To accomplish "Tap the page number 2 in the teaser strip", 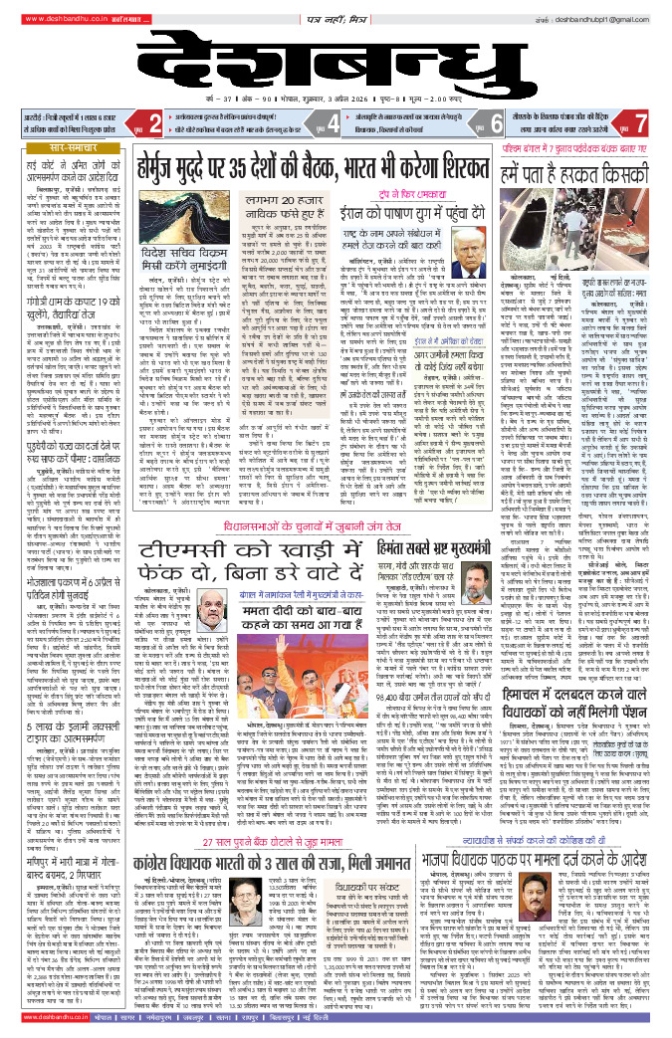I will (154, 124).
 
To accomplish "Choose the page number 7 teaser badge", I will (643, 124).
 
